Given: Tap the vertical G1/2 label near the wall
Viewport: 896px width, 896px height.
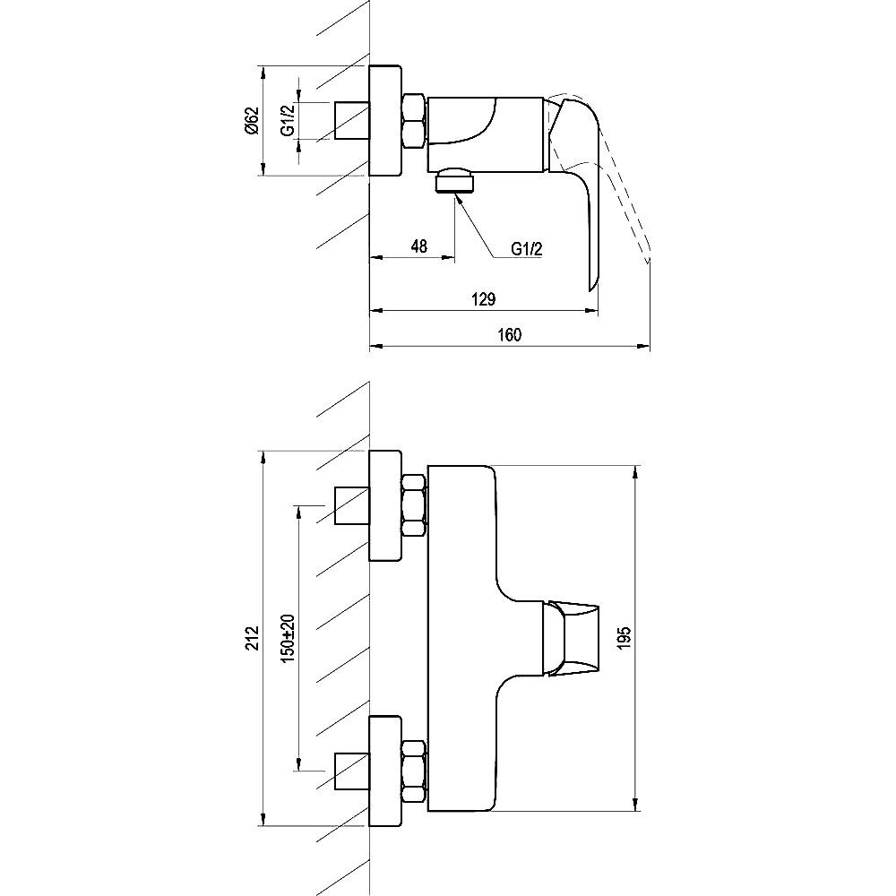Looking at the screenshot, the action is tap(288, 121).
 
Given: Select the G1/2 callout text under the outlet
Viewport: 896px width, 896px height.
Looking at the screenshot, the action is tap(526, 249).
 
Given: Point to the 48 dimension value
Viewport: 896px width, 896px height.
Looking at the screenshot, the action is tap(418, 246).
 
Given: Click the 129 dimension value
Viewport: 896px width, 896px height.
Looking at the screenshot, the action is tap(484, 299).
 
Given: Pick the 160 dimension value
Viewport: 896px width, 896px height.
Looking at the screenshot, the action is tap(510, 334).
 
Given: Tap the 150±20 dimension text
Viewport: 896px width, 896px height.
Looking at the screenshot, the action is tap(288, 638).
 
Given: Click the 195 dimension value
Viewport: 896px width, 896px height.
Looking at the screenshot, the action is tap(624, 638).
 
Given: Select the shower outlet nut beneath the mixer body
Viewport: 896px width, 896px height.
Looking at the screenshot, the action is tap(454, 181).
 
